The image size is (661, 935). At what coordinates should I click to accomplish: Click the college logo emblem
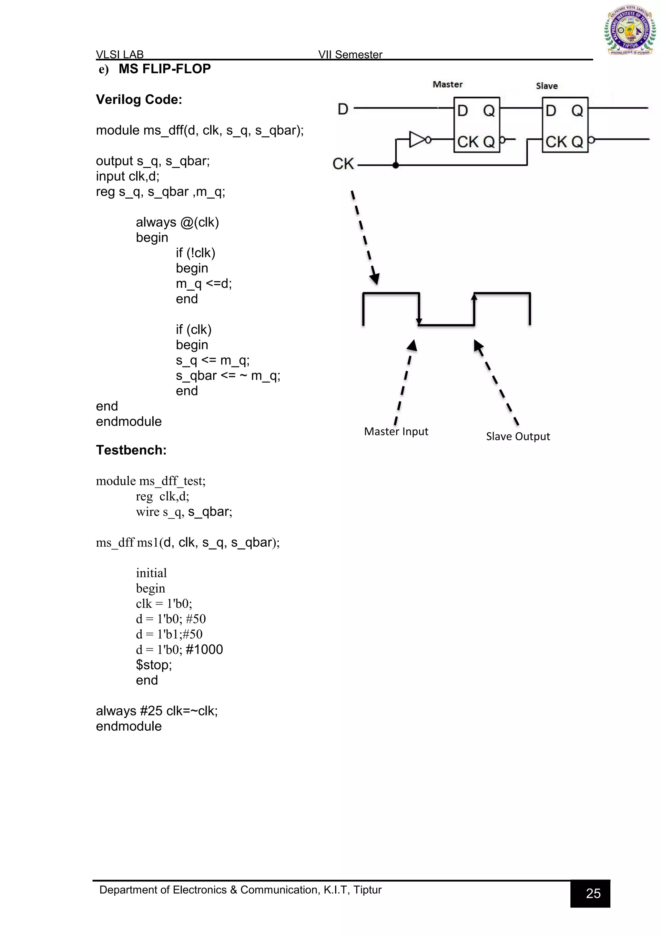pyautogui.click(x=629, y=31)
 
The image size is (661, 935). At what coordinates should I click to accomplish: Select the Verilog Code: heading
pyautogui.click(x=139, y=100)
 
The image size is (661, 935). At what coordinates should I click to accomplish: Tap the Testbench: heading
pyautogui.click(x=131, y=450)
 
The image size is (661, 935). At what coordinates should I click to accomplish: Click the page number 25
pyautogui.click(x=593, y=893)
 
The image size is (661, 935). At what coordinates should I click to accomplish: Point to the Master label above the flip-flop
pyautogui.click(x=447, y=84)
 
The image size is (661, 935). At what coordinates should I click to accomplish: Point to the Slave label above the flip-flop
pyautogui.click(x=547, y=86)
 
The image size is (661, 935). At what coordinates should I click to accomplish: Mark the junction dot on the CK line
pyautogui.click(x=396, y=165)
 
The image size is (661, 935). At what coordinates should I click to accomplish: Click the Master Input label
pyautogui.click(x=396, y=431)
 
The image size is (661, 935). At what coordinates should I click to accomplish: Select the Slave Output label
pyautogui.click(x=518, y=436)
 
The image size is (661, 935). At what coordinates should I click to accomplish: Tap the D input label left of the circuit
pyautogui.click(x=343, y=109)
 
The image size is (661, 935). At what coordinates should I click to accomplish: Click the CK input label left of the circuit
pyautogui.click(x=343, y=164)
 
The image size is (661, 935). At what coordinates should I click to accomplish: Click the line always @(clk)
pyautogui.click(x=177, y=222)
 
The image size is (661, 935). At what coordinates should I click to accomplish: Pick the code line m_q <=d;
pyautogui.click(x=204, y=283)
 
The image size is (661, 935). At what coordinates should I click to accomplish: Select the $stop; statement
pyautogui.click(x=154, y=664)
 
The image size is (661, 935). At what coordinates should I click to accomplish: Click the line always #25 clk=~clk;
pyautogui.click(x=157, y=711)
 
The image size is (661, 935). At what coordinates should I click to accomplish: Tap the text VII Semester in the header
pyautogui.click(x=350, y=55)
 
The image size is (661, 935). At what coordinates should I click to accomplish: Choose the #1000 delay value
pyautogui.click(x=204, y=649)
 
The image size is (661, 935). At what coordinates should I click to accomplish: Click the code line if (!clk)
pyautogui.click(x=195, y=253)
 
